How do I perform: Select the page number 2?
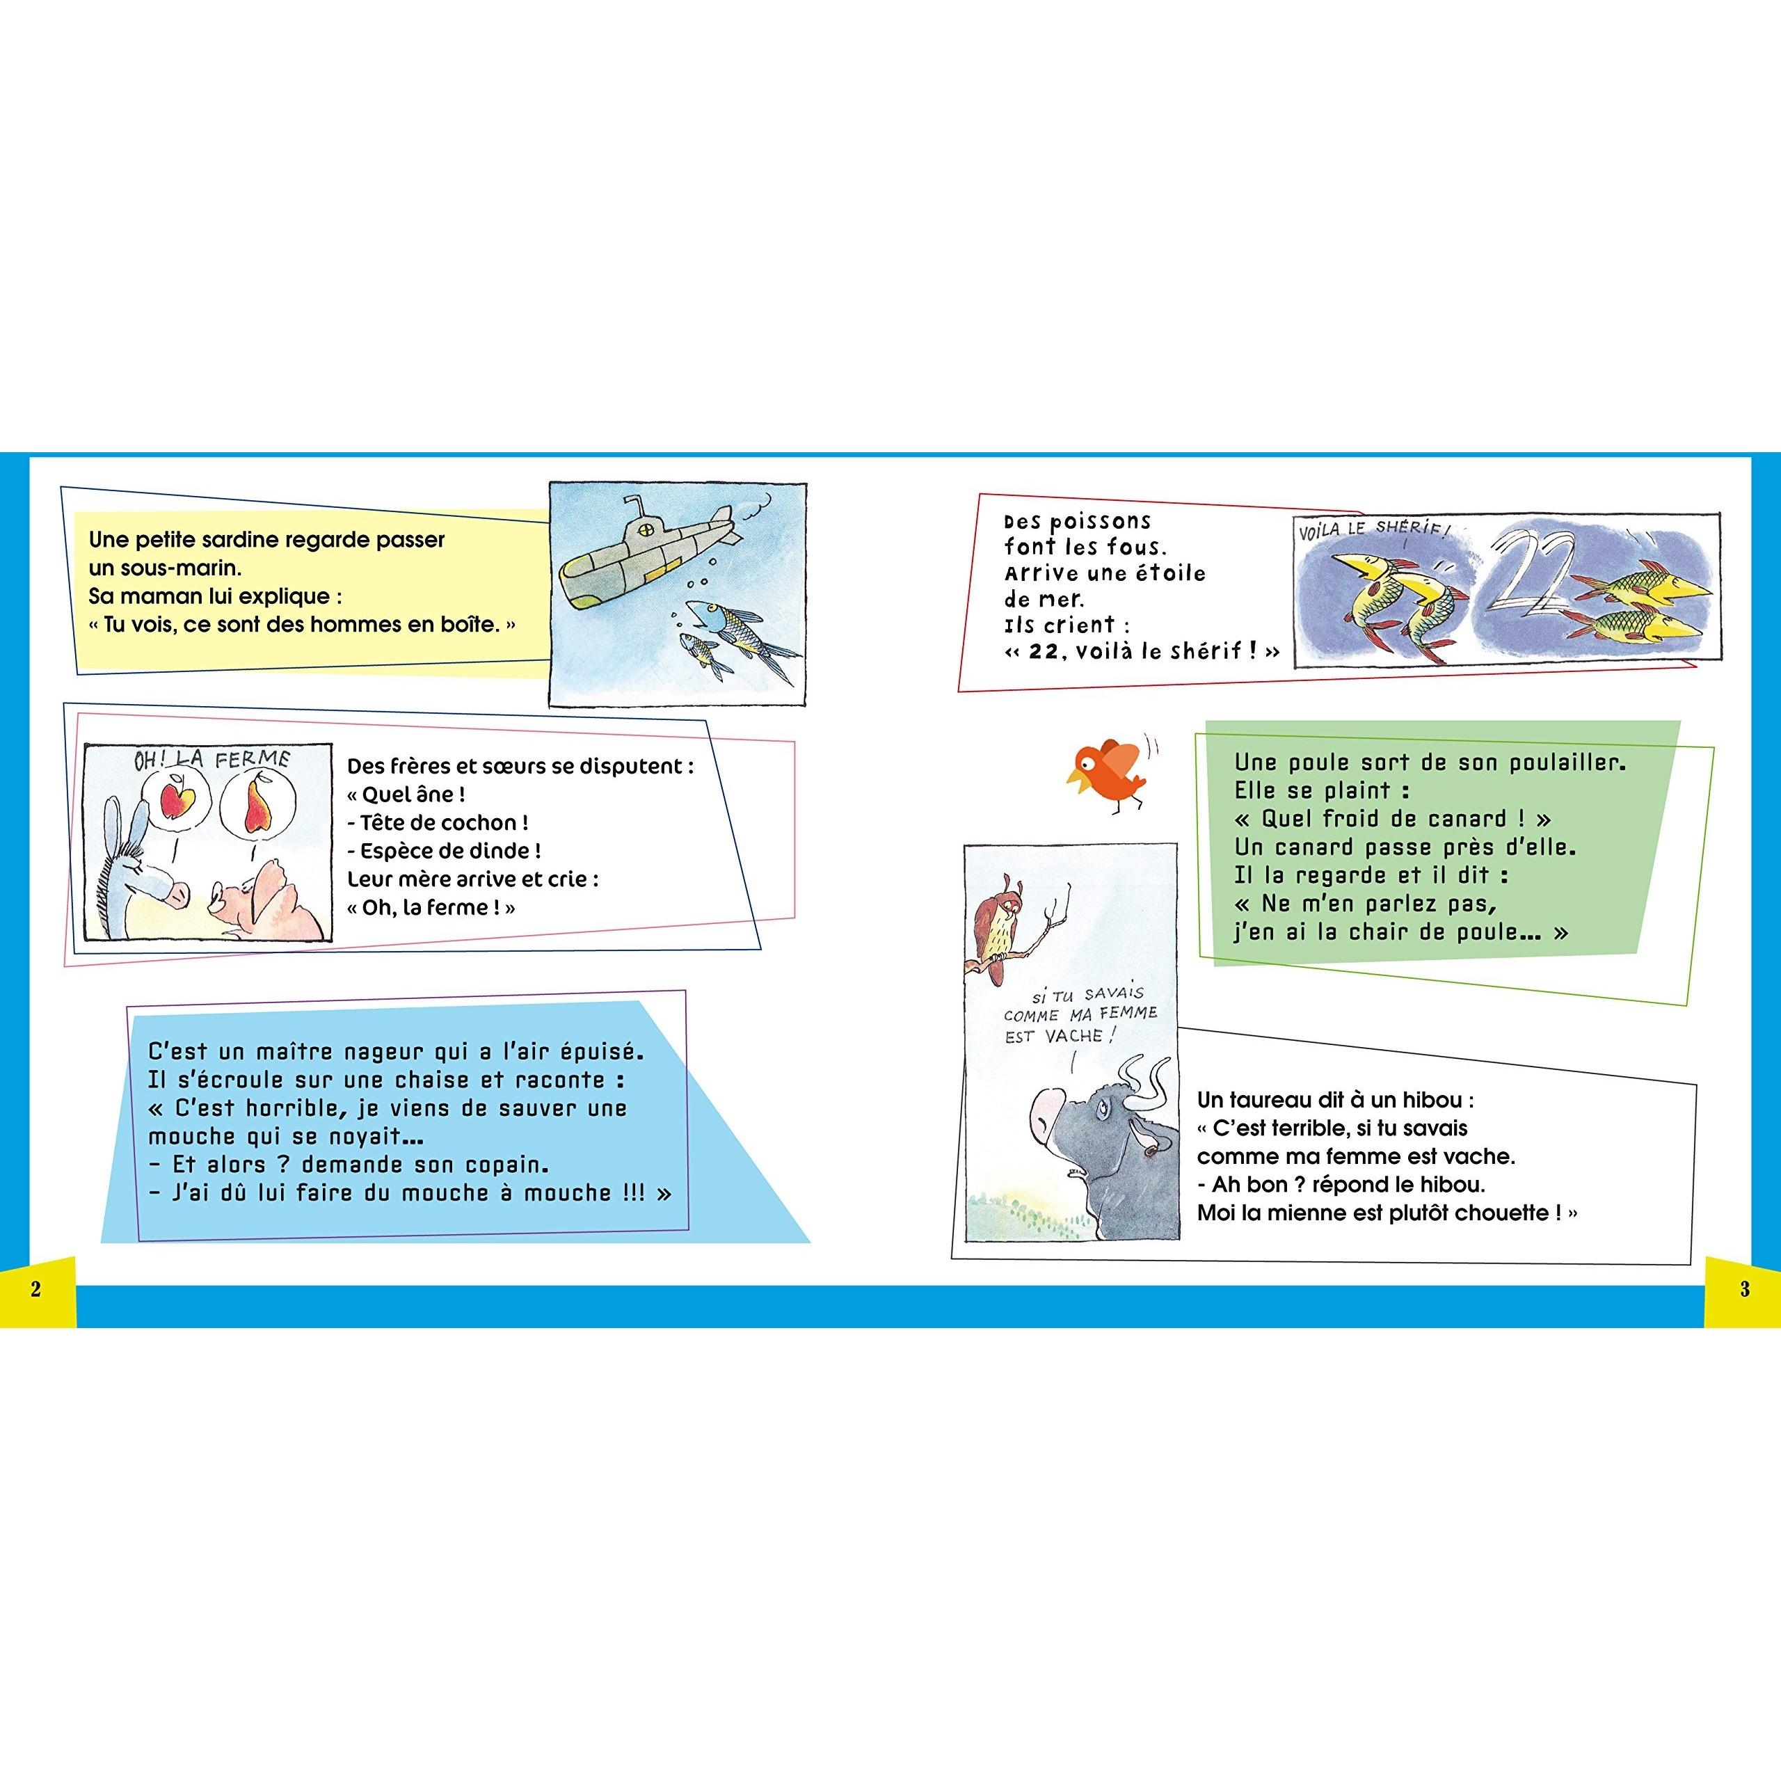point(36,1288)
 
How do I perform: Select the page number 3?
point(1744,1288)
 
